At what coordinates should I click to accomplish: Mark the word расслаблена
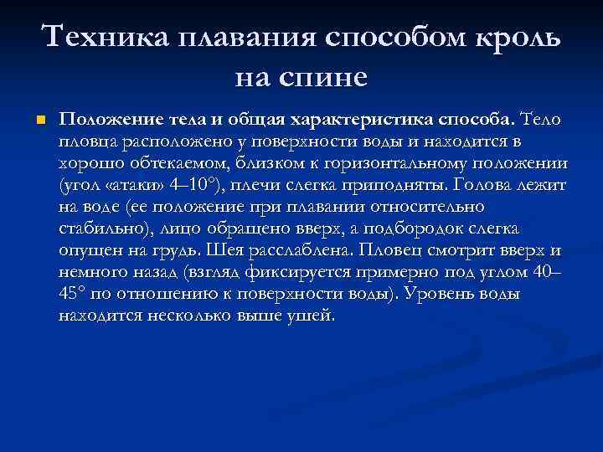(281, 249)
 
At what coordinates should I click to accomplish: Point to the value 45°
(77, 294)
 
